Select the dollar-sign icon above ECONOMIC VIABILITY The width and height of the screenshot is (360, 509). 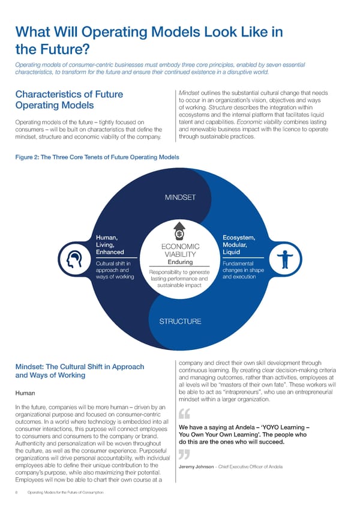(179, 232)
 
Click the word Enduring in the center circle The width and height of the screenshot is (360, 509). (180, 262)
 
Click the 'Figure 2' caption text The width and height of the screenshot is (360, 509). (93, 157)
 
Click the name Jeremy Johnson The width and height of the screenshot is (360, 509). (196, 467)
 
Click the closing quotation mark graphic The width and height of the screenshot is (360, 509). (185, 455)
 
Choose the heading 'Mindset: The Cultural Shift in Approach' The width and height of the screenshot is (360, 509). (79, 367)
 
